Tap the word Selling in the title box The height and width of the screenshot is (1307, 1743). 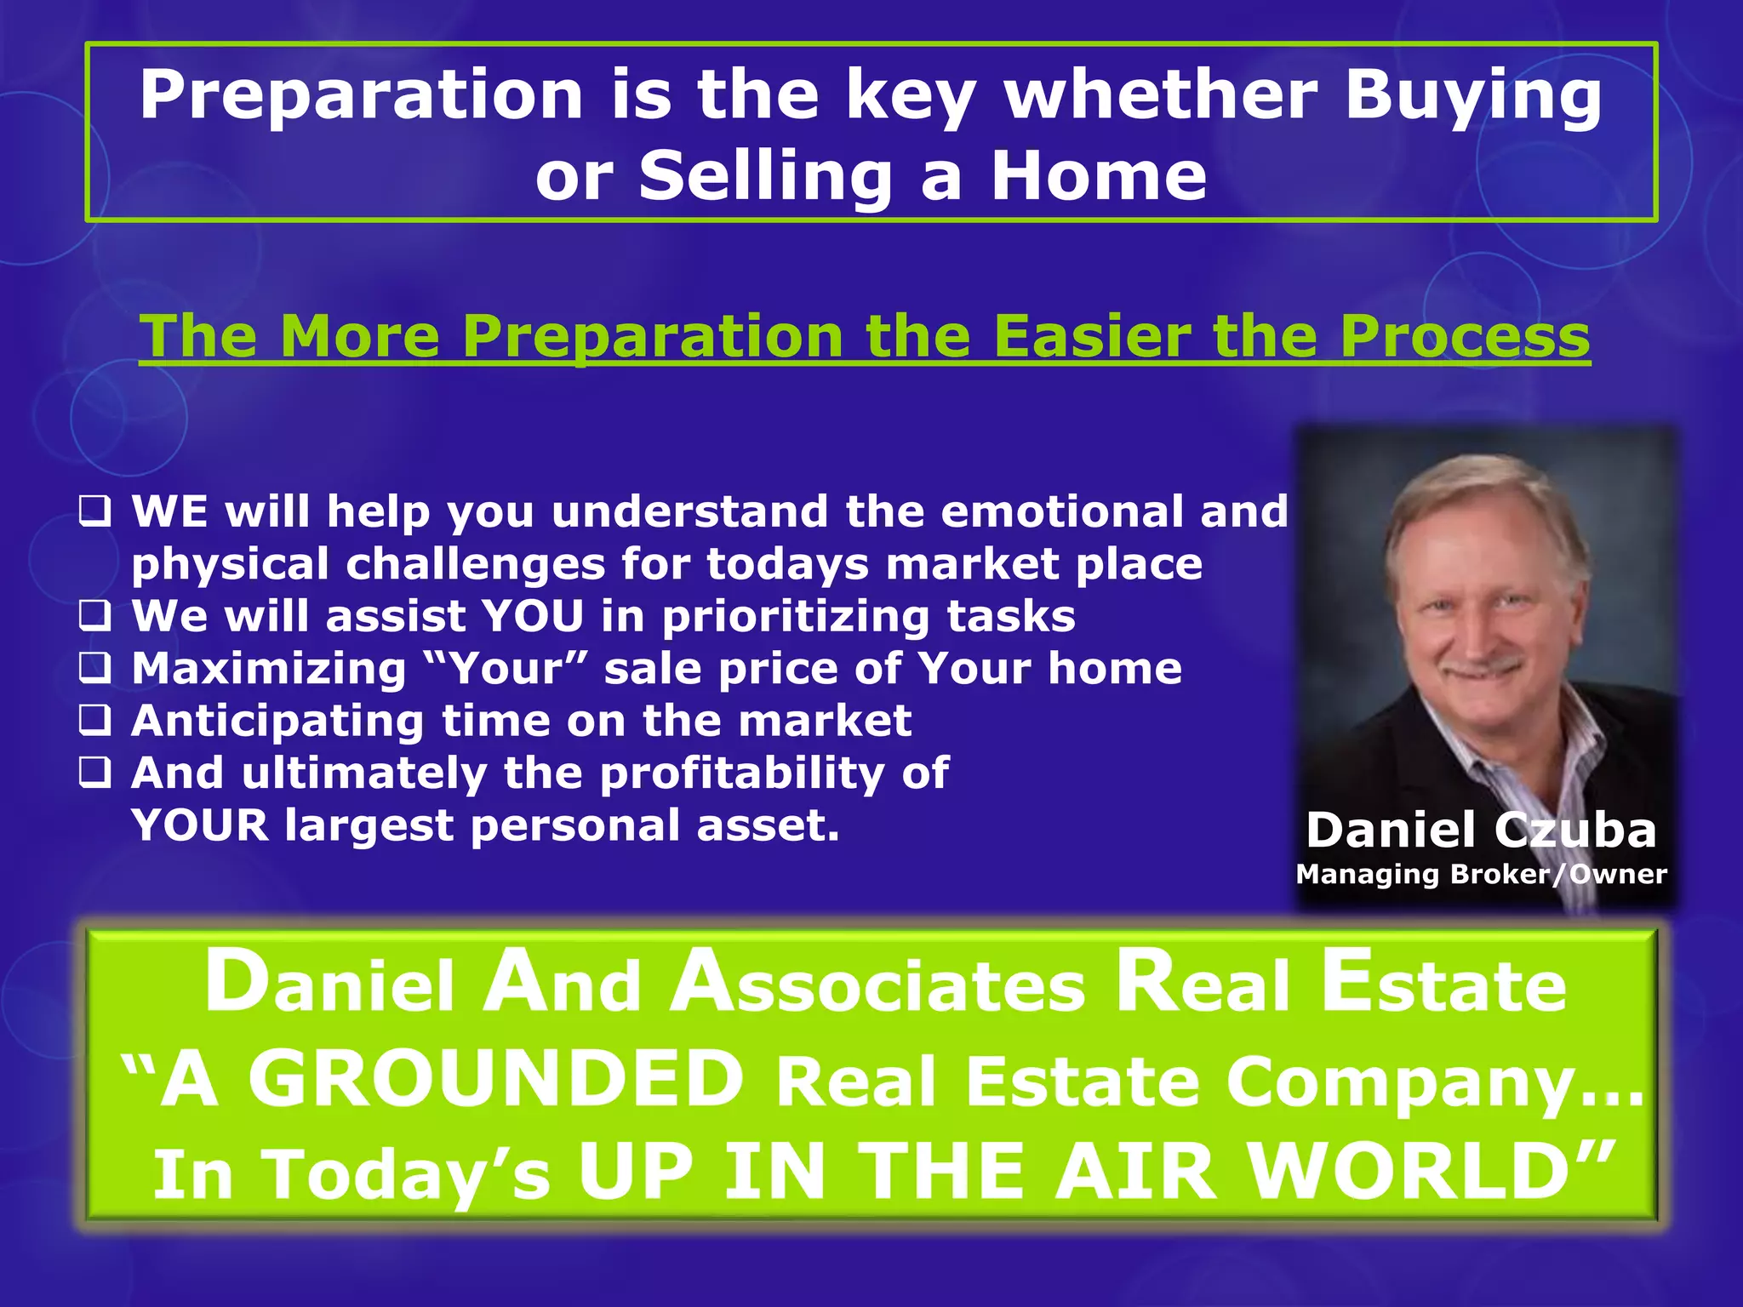pos(766,176)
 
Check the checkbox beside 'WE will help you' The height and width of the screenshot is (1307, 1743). pos(94,512)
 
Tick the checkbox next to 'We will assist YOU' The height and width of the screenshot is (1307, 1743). pos(94,616)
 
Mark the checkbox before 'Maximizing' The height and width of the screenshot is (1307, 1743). pos(94,669)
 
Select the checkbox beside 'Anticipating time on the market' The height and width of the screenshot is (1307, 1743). pos(94,722)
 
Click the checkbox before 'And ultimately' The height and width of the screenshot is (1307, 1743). pos(94,773)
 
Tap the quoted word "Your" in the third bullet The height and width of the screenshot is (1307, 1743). pos(507,668)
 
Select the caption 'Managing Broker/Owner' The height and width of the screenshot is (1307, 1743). pos(1481,875)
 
